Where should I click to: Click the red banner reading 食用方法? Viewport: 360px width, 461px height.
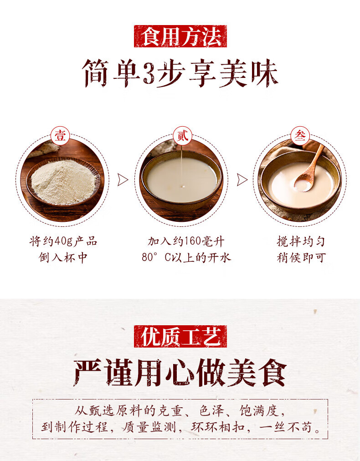(180, 36)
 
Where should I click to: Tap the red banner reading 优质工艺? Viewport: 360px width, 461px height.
(180, 337)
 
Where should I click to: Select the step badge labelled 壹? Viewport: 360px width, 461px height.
(60, 136)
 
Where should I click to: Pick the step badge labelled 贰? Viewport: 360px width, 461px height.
(182, 136)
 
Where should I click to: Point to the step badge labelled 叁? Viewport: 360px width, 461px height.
(300, 136)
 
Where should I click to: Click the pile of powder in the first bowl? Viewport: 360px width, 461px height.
(63, 182)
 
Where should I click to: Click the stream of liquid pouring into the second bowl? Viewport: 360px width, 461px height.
(182, 166)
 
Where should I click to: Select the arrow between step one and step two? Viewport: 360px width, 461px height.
(123, 179)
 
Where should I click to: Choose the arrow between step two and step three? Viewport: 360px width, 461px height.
(242, 179)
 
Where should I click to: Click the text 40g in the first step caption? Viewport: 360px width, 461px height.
(63, 242)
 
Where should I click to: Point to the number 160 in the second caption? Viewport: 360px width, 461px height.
(193, 242)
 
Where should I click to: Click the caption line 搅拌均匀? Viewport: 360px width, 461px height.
(301, 242)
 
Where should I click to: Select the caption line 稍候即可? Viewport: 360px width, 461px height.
(301, 258)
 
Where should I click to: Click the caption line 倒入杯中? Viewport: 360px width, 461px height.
(63, 258)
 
